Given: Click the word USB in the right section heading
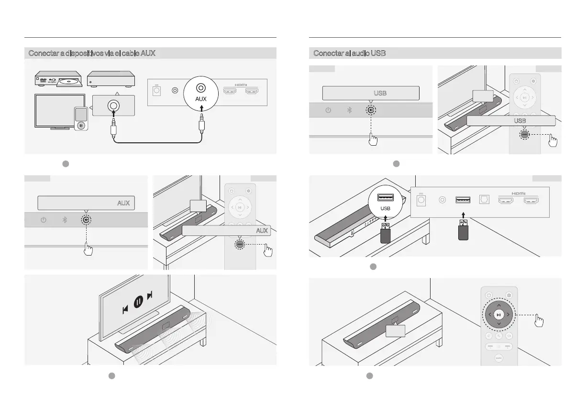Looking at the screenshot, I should click(x=378, y=53).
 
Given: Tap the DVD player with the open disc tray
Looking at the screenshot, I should click(x=58, y=80).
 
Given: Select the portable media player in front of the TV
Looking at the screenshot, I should click(x=81, y=118).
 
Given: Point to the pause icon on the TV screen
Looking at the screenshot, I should click(x=138, y=302).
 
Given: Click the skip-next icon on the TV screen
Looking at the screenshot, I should click(x=151, y=296).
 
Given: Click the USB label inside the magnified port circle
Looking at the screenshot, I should click(x=386, y=209).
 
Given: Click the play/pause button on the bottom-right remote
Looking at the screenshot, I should click(x=498, y=315).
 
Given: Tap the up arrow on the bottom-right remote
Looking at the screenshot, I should click(x=498, y=305).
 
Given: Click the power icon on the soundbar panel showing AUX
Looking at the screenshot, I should click(x=44, y=220).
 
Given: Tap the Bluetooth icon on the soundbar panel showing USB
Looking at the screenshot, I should click(x=349, y=110).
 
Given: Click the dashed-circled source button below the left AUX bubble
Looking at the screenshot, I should click(x=86, y=220).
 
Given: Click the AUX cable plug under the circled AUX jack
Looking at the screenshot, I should click(x=201, y=125).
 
